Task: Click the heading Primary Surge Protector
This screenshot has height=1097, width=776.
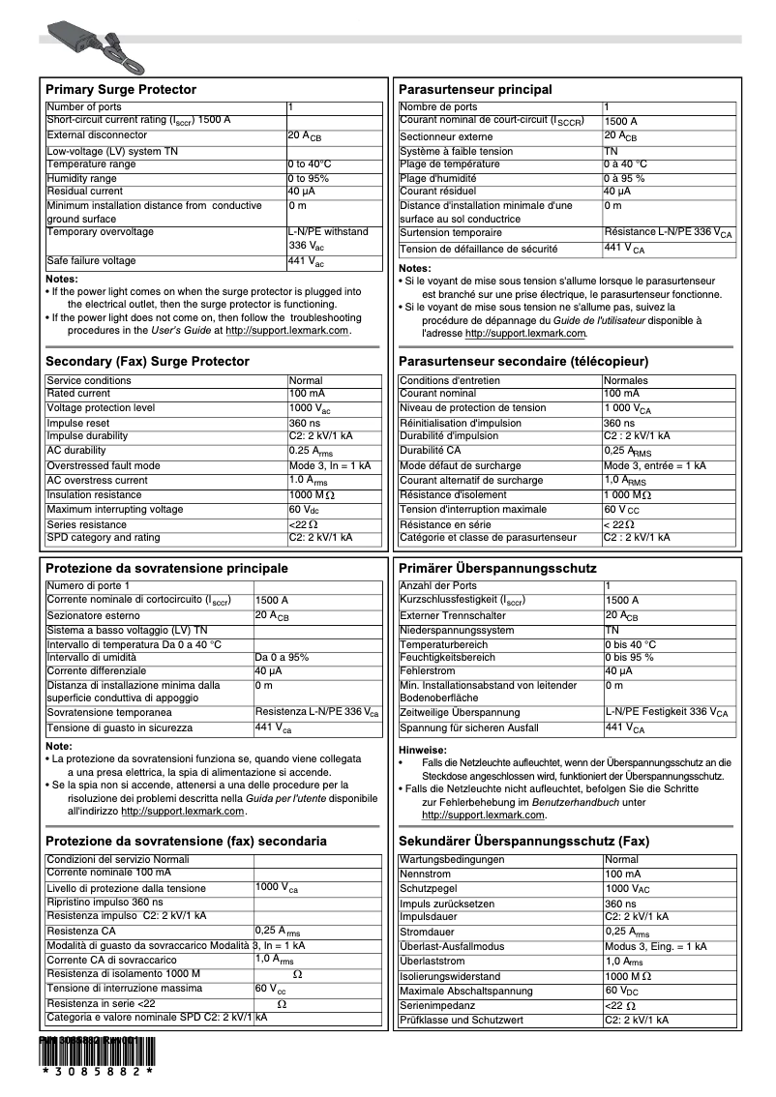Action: pyautogui.click(x=121, y=89)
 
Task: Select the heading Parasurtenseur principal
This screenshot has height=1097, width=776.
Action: pyautogui.click(x=475, y=89)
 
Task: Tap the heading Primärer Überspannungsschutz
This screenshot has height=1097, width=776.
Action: pyautogui.click(x=497, y=568)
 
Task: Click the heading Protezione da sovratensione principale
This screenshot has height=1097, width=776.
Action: pyautogui.click(x=166, y=568)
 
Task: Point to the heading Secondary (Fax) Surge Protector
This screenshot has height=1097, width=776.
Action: pyautogui.click(x=147, y=361)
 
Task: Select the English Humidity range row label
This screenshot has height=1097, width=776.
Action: pyautogui.click(x=81, y=178)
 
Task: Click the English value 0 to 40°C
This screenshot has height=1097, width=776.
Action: pyautogui.click(x=310, y=164)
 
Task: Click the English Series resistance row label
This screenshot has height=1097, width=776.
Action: pyautogui.click(x=86, y=524)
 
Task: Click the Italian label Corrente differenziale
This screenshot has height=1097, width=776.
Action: pyautogui.click(x=96, y=670)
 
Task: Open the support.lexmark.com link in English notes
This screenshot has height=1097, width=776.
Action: pyautogui.click(x=286, y=331)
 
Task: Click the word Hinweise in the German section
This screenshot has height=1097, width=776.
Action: pyautogui.click(x=422, y=750)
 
